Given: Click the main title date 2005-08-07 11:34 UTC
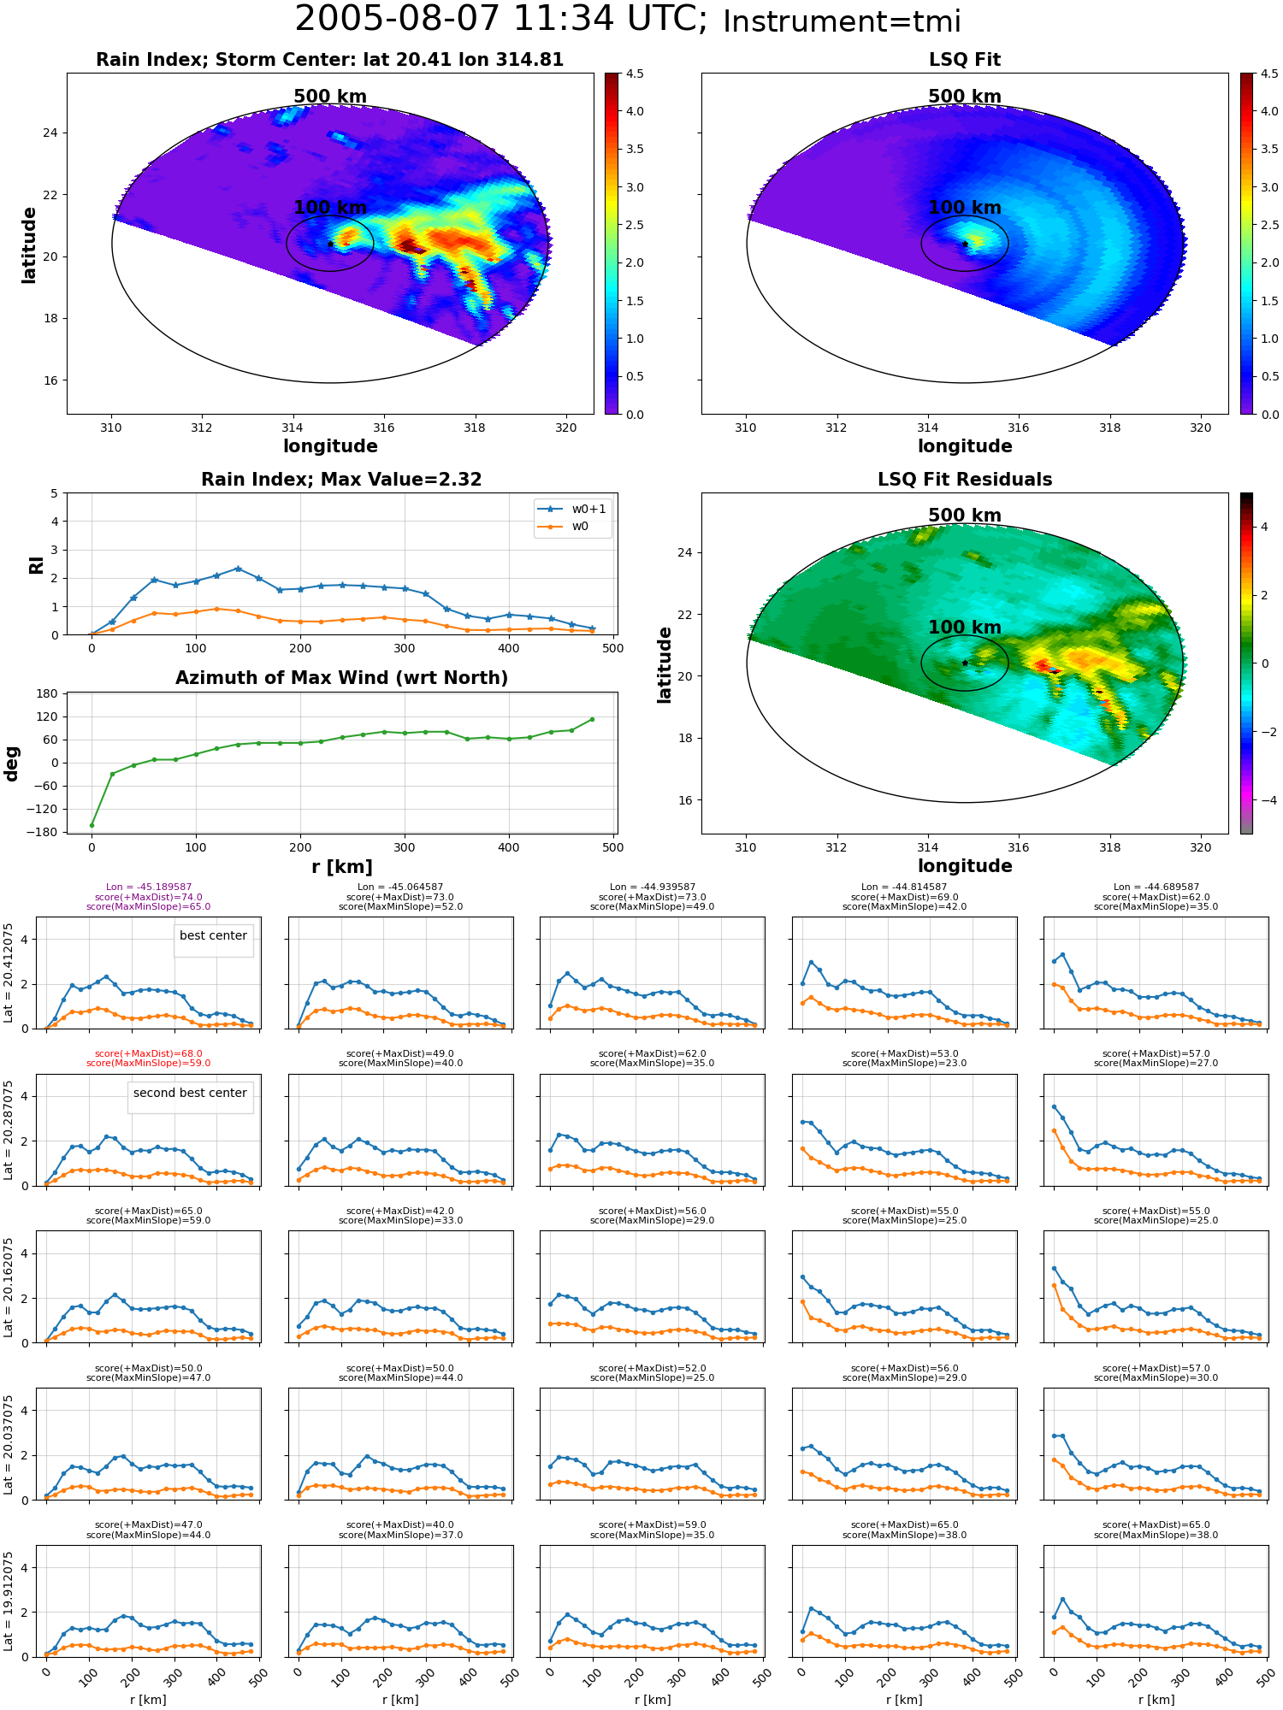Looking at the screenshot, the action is click(x=501, y=20).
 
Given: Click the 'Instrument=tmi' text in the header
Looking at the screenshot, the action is click(x=842, y=22).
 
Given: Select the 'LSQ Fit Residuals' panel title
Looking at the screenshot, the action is click(x=965, y=480).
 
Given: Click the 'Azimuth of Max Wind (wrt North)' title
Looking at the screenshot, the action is click(x=341, y=678).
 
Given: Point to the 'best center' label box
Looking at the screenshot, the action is click(x=213, y=936).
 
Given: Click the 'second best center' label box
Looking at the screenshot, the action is click(x=190, y=1094).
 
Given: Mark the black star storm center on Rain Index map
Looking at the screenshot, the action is click(x=330, y=245).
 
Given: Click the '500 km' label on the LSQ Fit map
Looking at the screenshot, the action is click(x=965, y=97).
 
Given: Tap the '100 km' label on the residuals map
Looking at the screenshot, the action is click(x=965, y=628).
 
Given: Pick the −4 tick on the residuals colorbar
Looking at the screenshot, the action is click(x=1264, y=800).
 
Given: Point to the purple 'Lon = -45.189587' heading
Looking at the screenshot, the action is click(x=149, y=887).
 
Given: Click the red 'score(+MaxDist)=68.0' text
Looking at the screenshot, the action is click(x=149, y=1054).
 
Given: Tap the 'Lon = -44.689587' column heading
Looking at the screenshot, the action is click(x=1156, y=887).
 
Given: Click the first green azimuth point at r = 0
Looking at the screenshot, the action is click(x=92, y=825).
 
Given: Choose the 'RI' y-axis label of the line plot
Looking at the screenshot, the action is click(x=37, y=564).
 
